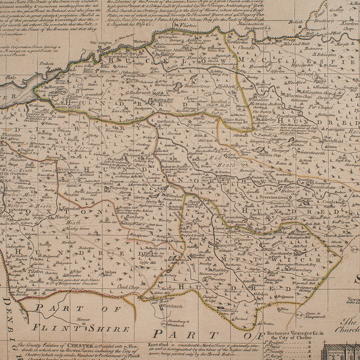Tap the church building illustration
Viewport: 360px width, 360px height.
pos(339,351)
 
